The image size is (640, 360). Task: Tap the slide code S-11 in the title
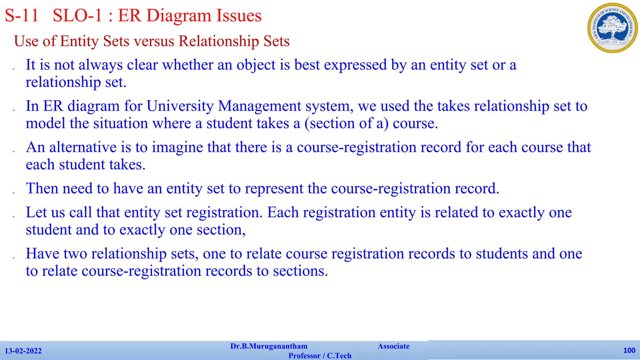coord(22,16)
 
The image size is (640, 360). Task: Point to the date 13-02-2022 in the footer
coord(23,351)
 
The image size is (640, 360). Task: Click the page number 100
coord(629,350)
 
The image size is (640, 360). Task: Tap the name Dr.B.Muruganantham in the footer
coord(269,346)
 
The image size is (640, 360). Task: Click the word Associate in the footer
coord(393,346)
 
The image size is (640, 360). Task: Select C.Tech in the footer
coord(339,356)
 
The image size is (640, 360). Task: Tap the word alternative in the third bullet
coord(83,147)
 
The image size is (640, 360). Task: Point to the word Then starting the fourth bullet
coord(42,189)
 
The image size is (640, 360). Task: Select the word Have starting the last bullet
coord(42,254)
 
